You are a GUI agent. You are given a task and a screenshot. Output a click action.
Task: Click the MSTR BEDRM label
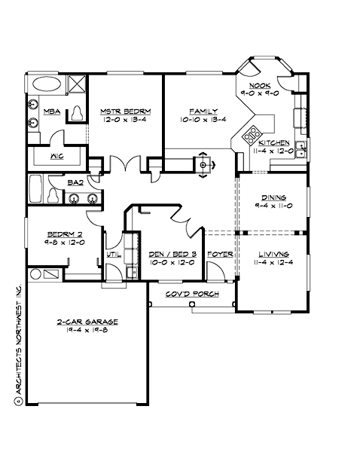click(125, 111)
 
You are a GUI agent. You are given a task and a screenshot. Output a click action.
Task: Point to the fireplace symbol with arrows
click(203, 164)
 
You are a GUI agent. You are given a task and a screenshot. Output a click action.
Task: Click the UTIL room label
click(114, 255)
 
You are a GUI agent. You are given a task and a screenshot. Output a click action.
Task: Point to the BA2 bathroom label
click(75, 182)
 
